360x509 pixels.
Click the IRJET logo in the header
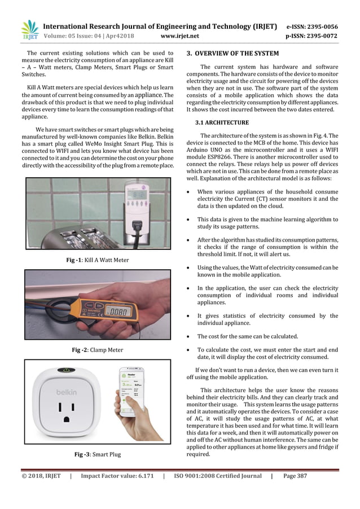[x=29, y=30]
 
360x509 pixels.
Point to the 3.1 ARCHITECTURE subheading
[x=222, y=122]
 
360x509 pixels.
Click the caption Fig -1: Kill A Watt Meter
[x=98, y=260]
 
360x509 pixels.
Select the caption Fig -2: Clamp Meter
[x=98, y=350]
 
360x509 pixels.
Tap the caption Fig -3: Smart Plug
[x=98, y=454]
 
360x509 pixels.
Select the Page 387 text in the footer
[x=295, y=476]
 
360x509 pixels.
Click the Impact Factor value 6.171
[x=141, y=476]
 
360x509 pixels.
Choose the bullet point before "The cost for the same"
[x=189, y=337]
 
